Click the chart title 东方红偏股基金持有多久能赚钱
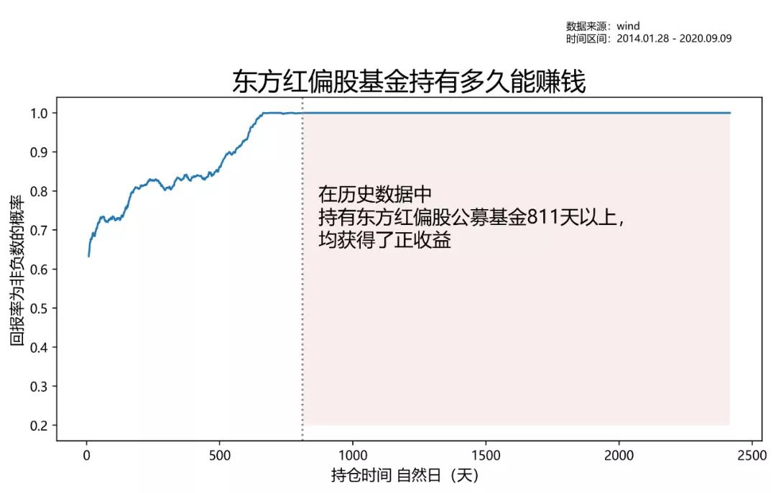tap(409, 81)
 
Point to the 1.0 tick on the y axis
tap(39, 113)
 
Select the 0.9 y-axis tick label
tap(39, 152)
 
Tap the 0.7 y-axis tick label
tap(39, 230)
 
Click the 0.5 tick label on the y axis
tap(39, 308)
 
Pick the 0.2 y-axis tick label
tap(39, 425)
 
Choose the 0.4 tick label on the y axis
tap(39, 347)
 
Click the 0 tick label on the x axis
tap(86, 455)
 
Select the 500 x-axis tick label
tap(220, 455)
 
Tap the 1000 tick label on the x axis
tap(353, 455)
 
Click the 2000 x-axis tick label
tap(619, 455)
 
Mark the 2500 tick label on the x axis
tap(752, 455)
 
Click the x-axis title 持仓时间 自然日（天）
tap(405, 476)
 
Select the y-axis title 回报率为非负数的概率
tap(17, 269)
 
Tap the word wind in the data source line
tap(628, 27)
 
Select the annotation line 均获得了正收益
tap(385, 240)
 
